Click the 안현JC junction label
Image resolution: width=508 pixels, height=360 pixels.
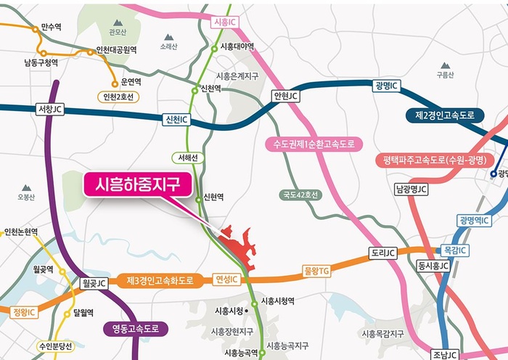[x=285, y=95]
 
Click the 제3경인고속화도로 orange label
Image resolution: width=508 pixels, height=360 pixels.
[x=160, y=279]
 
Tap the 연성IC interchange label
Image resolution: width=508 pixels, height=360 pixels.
[x=226, y=279]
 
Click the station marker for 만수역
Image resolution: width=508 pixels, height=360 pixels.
[x=35, y=29]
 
